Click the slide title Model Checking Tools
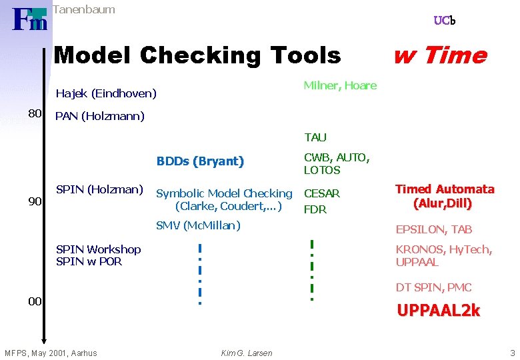[197, 55]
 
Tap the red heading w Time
[439, 55]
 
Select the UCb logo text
[444, 21]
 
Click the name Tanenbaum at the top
[83, 9]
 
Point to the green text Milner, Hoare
[340, 85]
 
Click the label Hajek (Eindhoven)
[106, 93]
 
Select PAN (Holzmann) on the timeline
[99, 117]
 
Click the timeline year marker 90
[35, 201]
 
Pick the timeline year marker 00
[35, 301]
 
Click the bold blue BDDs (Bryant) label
[200, 161]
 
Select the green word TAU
[315, 137]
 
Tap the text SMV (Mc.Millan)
[198, 225]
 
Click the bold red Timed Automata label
[445, 189]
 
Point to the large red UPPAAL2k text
[438, 311]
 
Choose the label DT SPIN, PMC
[433, 287]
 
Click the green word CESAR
[322, 193]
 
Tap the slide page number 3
[512, 353]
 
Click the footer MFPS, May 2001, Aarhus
[51, 353]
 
